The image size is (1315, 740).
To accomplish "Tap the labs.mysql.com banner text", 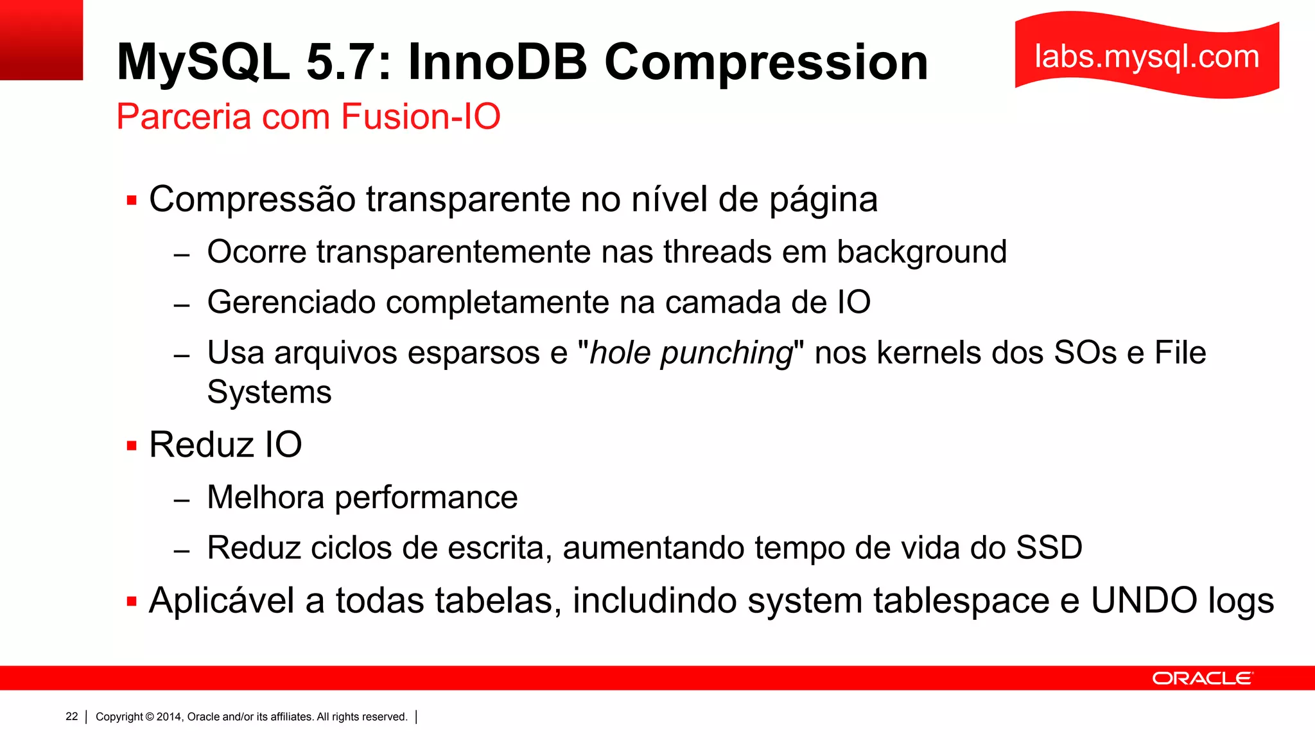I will pyautogui.click(x=1147, y=57).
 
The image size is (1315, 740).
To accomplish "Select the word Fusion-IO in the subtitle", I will pyautogui.click(x=421, y=117).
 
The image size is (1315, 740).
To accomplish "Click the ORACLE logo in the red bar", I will pyautogui.click(x=1202, y=678).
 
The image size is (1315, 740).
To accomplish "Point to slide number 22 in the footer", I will pyautogui.click(x=72, y=716).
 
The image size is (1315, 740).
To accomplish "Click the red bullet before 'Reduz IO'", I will pyautogui.click(x=132, y=446).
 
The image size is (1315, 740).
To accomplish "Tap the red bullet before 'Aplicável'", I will pyautogui.click(x=132, y=602).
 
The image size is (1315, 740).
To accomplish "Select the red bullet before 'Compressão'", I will pyautogui.click(x=132, y=200).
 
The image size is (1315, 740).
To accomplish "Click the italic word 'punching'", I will pyautogui.click(x=727, y=353).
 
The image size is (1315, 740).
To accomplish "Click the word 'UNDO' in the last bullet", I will pyautogui.click(x=1145, y=601).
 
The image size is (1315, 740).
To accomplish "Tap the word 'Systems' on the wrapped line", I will pyautogui.click(x=269, y=392).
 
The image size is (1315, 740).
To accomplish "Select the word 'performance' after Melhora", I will pyautogui.click(x=426, y=498).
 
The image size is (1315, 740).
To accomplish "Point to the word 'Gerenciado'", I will pyautogui.click(x=292, y=303).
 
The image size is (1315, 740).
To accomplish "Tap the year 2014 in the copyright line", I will pyautogui.click(x=169, y=717).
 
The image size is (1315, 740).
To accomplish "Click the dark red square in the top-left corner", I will pyautogui.click(x=41, y=40).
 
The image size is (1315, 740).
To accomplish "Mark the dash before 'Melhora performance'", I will pyautogui.click(x=182, y=499).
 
